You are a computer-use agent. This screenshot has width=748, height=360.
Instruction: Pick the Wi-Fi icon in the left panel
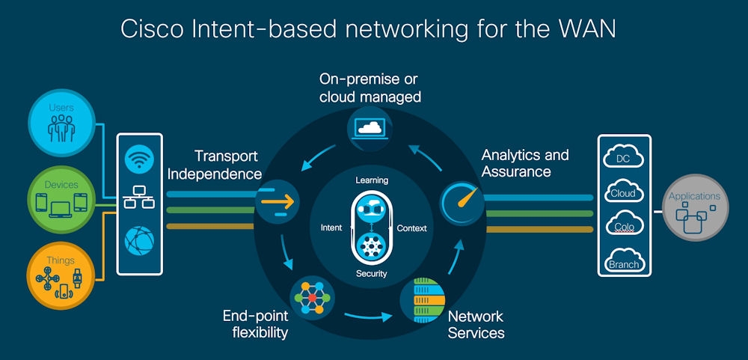pyautogui.click(x=139, y=159)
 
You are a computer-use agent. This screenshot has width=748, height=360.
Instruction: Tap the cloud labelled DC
pyautogui.click(x=623, y=158)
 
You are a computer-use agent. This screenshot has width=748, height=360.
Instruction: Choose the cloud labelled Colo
pyautogui.click(x=623, y=225)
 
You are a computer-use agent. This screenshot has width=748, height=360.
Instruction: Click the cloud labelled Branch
pyautogui.click(x=623, y=261)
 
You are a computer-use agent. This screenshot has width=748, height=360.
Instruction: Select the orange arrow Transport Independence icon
pyautogui.click(x=278, y=201)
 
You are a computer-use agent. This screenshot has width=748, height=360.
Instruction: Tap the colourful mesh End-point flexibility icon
pyautogui.click(x=309, y=299)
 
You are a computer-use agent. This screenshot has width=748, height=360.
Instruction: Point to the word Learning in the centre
pyautogui.click(x=371, y=180)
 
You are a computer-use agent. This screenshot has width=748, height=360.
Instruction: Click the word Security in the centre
pyautogui.click(x=371, y=273)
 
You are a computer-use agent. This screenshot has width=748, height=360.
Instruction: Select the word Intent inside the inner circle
pyautogui.click(x=331, y=228)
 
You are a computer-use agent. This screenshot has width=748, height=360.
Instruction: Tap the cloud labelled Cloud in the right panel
pyautogui.click(x=623, y=192)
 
